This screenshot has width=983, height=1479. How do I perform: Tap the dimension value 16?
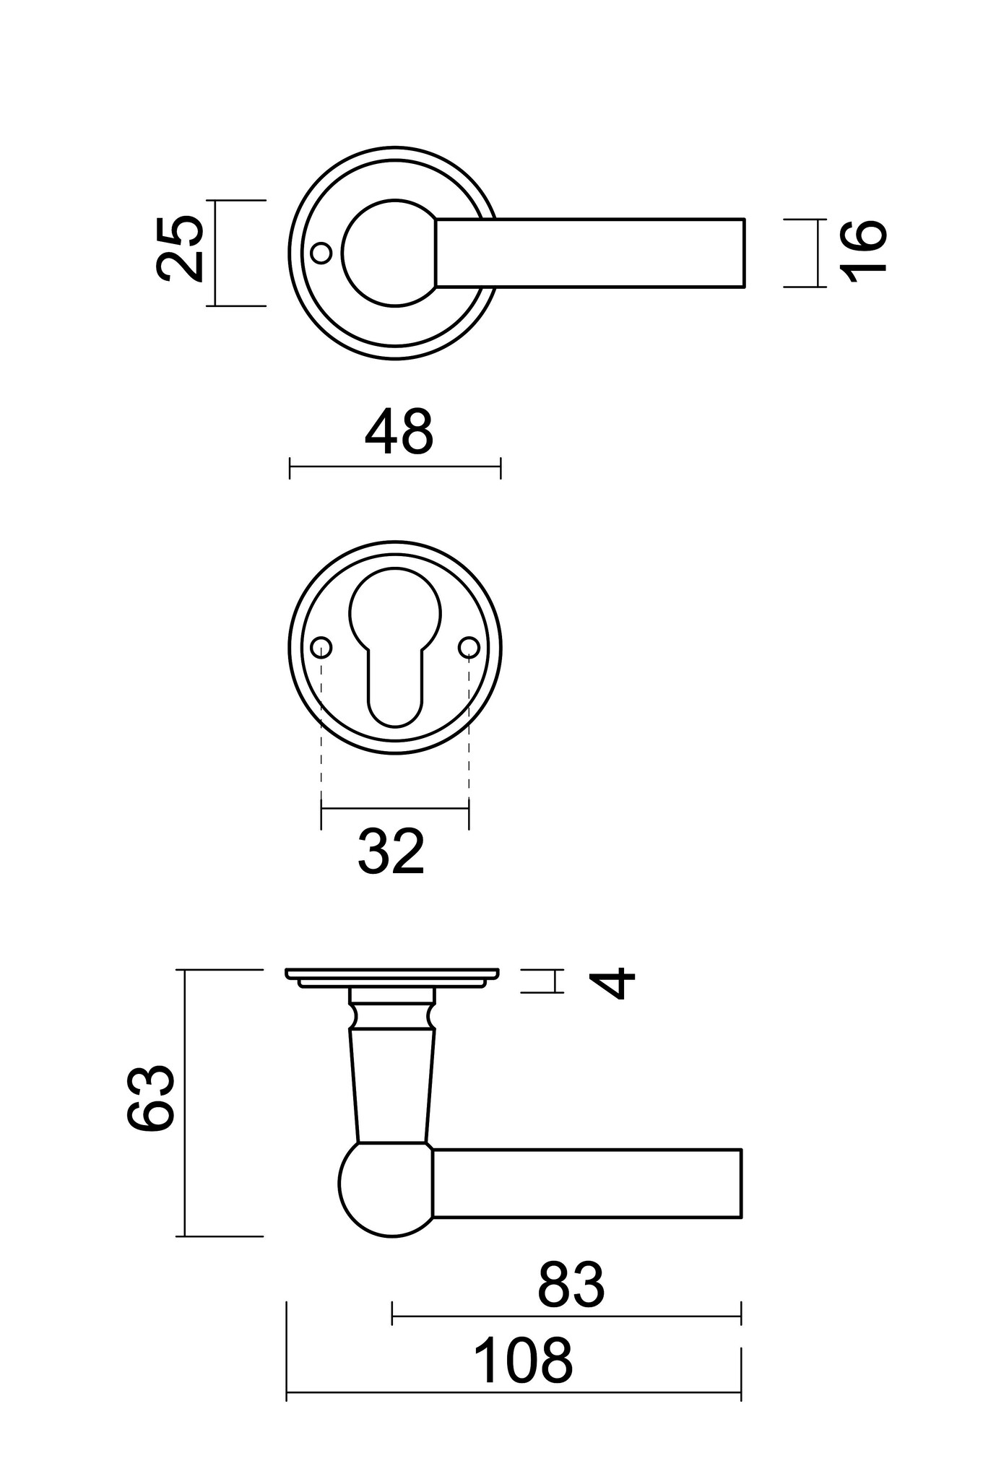pyautogui.click(x=863, y=250)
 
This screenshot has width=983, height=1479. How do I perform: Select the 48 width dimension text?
pyautogui.click(x=399, y=433)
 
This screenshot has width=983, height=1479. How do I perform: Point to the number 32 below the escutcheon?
pyautogui.click(x=391, y=852)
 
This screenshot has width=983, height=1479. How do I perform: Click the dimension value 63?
pyautogui.click(x=151, y=1096)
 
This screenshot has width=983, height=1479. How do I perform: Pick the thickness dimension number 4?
pyautogui.click(x=613, y=984)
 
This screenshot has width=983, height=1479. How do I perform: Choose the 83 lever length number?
pyautogui.click(x=571, y=1285)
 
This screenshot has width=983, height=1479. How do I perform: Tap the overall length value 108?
pyautogui.click(x=523, y=1361)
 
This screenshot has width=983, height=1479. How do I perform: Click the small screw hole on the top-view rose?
pyautogui.click(x=321, y=253)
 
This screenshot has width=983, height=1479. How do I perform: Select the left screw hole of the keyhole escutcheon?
pyautogui.click(x=321, y=647)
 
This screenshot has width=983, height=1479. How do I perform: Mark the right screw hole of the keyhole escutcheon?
pyautogui.click(x=469, y=647)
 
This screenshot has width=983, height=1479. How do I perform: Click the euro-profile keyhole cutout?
pyautogui.click(x=394, y=643)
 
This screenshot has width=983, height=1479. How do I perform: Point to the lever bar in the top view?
pyautogui.click(x=589, y=253)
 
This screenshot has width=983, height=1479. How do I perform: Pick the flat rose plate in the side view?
pyautogui.click(x=392, y=974)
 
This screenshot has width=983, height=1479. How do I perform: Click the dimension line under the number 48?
pyautogui.click(x=395, y=467)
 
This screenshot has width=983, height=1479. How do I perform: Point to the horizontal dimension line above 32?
pyautogui.click(x=395, y=809)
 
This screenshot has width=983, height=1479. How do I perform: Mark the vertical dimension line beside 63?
pyautogui.click(x=186, y=1103)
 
